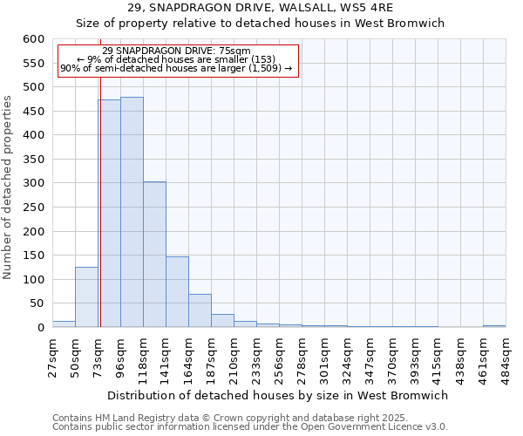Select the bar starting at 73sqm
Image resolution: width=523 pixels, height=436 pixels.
point(109,214)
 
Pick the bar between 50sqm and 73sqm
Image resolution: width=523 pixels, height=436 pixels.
point(86,297)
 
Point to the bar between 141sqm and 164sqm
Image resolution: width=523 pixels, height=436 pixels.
point(177,292)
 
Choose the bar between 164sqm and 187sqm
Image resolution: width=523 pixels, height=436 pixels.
point(200,310)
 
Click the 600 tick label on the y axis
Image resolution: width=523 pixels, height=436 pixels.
point(33,39)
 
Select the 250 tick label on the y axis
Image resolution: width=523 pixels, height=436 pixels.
point(33,208)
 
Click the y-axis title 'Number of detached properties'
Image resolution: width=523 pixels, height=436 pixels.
point(9,188)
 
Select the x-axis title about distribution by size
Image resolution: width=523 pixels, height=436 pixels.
point(279,395)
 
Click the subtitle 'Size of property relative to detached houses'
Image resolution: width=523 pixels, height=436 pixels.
point(260,24)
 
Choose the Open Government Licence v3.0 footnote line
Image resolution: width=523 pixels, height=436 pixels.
point(250,426)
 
